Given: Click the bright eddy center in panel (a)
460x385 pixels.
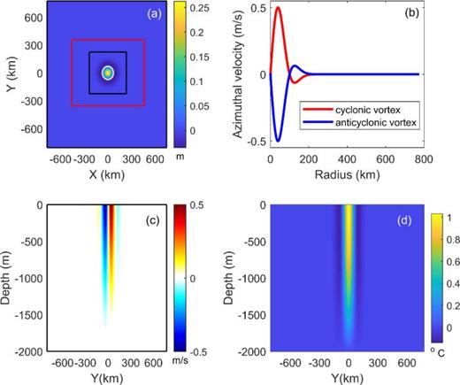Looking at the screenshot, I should (x=108, y=73).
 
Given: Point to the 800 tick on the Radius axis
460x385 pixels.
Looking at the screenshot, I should (x=422, y=161).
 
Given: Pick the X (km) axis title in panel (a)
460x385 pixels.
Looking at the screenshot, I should (x=106, y=174).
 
